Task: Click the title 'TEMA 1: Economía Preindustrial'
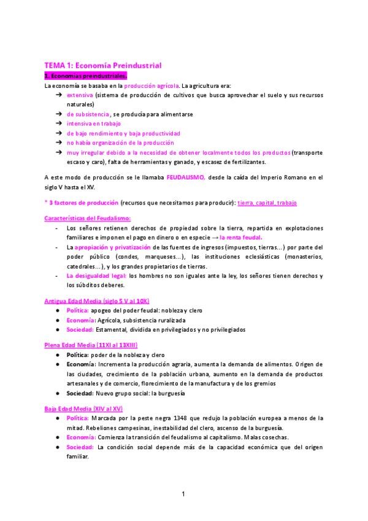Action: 102,65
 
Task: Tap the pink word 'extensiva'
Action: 80,96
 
